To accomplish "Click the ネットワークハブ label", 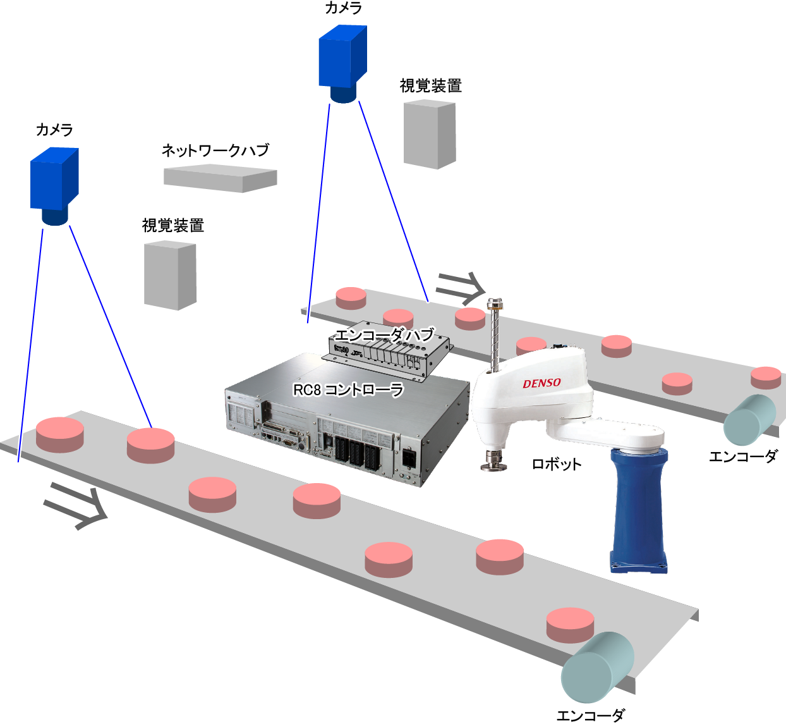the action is [x=215, y=150].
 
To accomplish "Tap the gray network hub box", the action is [x=221, y=178].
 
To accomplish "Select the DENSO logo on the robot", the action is [x=542, y=383].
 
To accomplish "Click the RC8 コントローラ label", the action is [x=348, y=390].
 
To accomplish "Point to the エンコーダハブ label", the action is [x=384, y=334].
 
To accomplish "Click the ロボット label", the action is [x=557, y=464].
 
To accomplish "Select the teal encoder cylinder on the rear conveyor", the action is [x=749, y=420].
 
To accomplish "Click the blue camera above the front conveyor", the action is [x=54, y=186].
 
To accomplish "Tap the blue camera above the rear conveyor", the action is [x=343, y=63].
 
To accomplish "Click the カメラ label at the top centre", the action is [x=343, y=8].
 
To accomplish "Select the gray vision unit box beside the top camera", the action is [x=430, y=134].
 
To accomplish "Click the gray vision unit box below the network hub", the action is [x=170, y=275].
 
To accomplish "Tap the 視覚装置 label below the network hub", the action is [x=172, y=226].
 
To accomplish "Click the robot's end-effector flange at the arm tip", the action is [x=493, y=461].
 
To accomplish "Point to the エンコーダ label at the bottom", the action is [x=591, y=715].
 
